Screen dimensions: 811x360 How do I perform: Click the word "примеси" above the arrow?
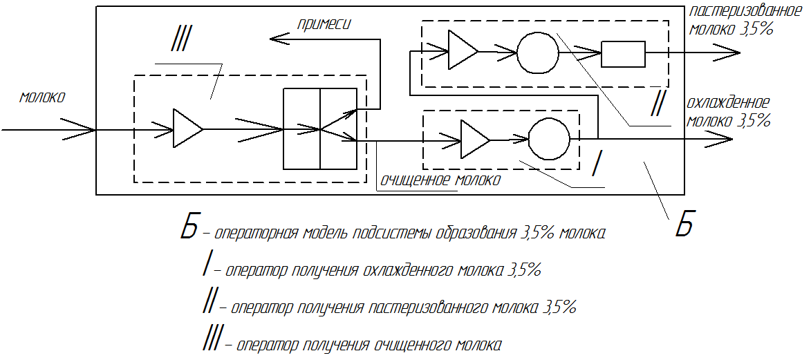pos(324,24)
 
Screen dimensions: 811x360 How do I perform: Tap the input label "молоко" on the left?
pos(42,97)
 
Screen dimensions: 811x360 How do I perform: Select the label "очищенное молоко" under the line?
pos(439,180)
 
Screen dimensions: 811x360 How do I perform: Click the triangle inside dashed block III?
pos(186,128)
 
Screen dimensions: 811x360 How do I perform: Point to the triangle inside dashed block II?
pos(461,50)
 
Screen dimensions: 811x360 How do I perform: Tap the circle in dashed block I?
pos(549,138)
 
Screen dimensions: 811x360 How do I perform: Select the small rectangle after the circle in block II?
pos(623,53)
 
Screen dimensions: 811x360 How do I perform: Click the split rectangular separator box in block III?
pos(320,129)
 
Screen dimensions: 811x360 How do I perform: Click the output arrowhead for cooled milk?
pos(722,139)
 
